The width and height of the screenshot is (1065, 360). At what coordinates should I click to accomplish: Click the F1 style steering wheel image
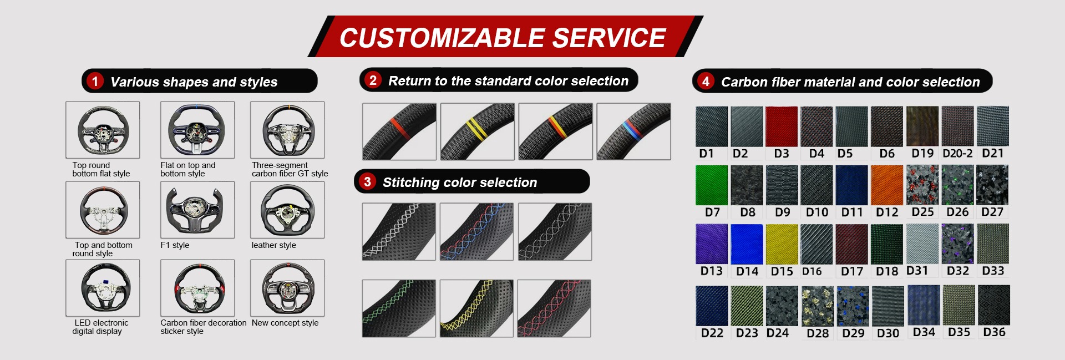[x=197, y=210]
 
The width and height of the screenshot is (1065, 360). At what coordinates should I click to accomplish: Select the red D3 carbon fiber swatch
[x=782, y=126]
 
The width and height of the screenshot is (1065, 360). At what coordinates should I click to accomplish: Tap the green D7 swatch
[x=712, y=185]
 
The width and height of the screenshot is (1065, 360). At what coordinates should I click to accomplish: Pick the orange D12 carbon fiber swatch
[x=886, y=185]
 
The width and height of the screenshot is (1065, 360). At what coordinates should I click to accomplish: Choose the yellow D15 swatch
[x=782, y=244]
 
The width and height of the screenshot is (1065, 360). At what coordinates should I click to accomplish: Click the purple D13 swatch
[x=712, y=244]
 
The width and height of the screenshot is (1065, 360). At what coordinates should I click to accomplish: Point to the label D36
[x=994, y=332]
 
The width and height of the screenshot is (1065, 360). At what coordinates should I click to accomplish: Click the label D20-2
[x=957, y=154]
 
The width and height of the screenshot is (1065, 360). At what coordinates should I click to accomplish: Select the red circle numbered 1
[x=95, y=82]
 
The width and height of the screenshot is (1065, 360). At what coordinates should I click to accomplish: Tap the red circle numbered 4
[x=706, y=82]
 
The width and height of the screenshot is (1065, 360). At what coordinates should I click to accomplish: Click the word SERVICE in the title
[x=609, y=38]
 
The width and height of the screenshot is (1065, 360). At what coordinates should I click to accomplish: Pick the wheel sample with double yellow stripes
[x=477, y=131]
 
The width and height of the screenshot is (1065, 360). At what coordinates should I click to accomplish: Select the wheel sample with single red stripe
[x=399, y=131]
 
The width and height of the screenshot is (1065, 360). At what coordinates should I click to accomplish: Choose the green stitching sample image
[x=399, y=308]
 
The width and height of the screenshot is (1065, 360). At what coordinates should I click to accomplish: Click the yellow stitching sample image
[x=476, y=308]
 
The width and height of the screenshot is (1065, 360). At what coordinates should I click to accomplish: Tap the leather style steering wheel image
[x=287, y=210]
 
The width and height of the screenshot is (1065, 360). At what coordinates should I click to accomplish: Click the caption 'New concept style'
[x=285, y=323]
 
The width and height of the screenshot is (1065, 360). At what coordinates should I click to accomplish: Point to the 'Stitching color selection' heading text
[x=460, y=182]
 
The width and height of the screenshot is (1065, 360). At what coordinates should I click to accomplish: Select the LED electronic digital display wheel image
[x=103, y=288]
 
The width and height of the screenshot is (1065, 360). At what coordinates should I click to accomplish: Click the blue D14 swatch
[x=747, y=244]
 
